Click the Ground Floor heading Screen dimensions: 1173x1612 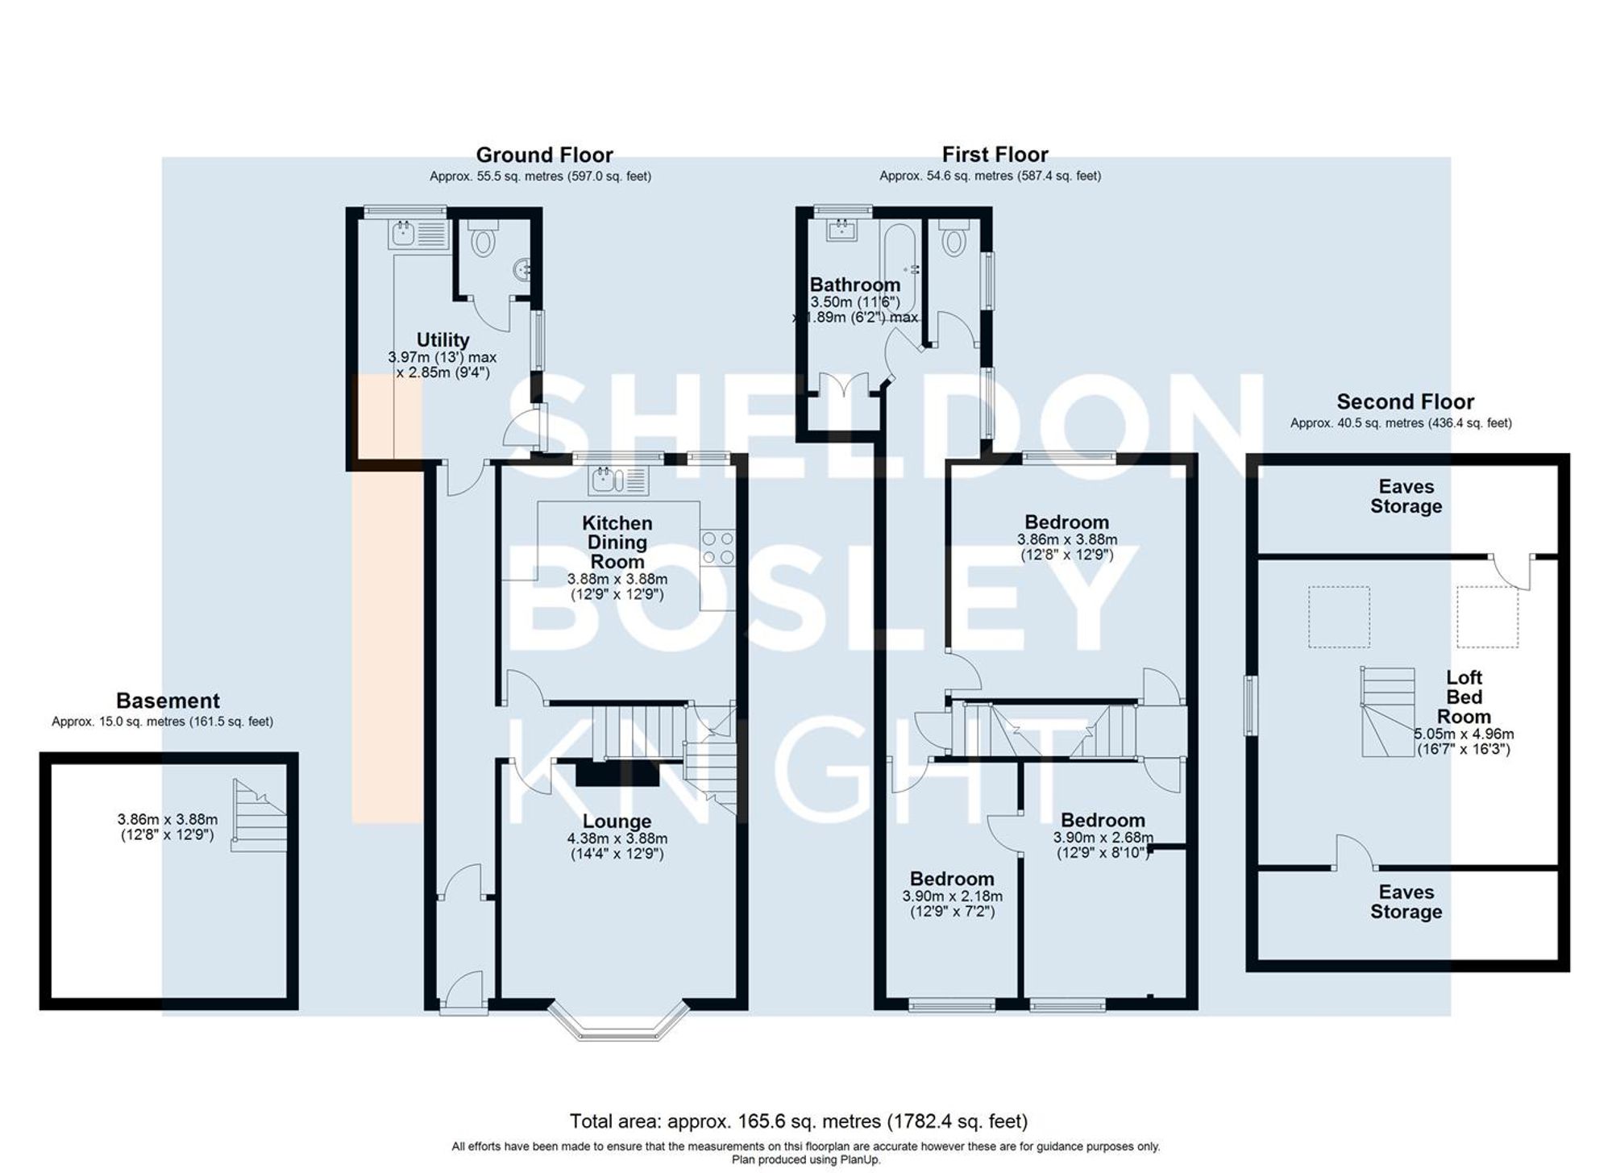[x=544, y=155]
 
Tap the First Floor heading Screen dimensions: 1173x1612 [x=995, y=154]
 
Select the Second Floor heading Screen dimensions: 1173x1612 [x=1405, y=401]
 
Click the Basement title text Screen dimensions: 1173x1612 [x=168, y=701]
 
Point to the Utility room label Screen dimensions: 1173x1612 [x=442, y=339]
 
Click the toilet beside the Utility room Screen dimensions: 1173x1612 [x=483, y=239]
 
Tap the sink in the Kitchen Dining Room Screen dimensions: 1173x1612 [x=617, y=481]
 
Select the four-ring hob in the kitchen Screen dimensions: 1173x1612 [x=717, y=547]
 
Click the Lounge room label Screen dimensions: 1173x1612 [x=617, y=822]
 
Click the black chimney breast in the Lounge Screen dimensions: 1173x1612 [x=617, y=774]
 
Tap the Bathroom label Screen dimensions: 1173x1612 [x=854, y=285]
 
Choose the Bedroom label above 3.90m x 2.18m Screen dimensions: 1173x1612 [x=952, y=879]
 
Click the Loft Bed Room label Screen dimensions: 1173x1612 [x=1464, y=697]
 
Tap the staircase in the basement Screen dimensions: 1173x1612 [x=260, y=815]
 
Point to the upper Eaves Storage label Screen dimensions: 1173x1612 [x=1406, y=497]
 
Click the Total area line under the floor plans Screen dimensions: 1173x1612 [x=798, y=1121]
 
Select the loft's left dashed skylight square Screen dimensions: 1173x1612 [x=1338, y=617]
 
